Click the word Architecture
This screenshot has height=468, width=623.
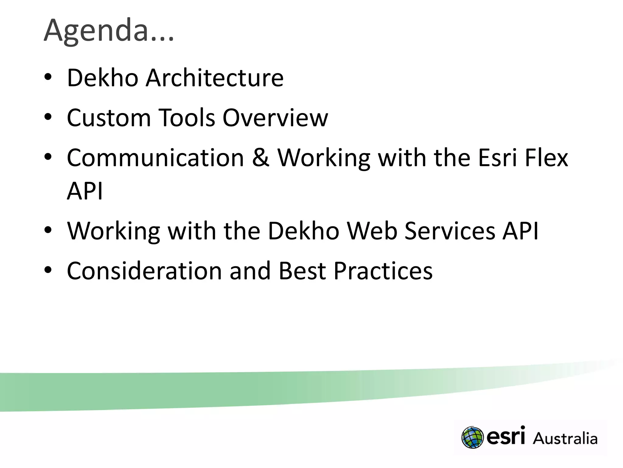tap(214, 78)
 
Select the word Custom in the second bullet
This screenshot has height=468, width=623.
tap(109, 118)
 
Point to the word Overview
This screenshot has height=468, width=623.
tap(275, 118)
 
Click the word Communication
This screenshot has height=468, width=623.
tap(155, 158)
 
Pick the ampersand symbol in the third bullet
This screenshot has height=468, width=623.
tap(261, 158)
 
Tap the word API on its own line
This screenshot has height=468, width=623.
tap(85, 191)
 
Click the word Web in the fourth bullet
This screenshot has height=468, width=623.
tap(372, 231)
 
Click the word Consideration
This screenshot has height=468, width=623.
tap(144, 271)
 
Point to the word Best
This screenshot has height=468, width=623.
tap(302, 271)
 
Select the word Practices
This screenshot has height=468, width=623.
tap(383, 271)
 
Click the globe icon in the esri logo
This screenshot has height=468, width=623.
tap(472, 438)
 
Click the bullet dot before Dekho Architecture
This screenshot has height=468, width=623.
tap(48, 77)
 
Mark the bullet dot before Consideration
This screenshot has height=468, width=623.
tap(48, 270)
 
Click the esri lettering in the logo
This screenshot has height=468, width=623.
tap(506, 436)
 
